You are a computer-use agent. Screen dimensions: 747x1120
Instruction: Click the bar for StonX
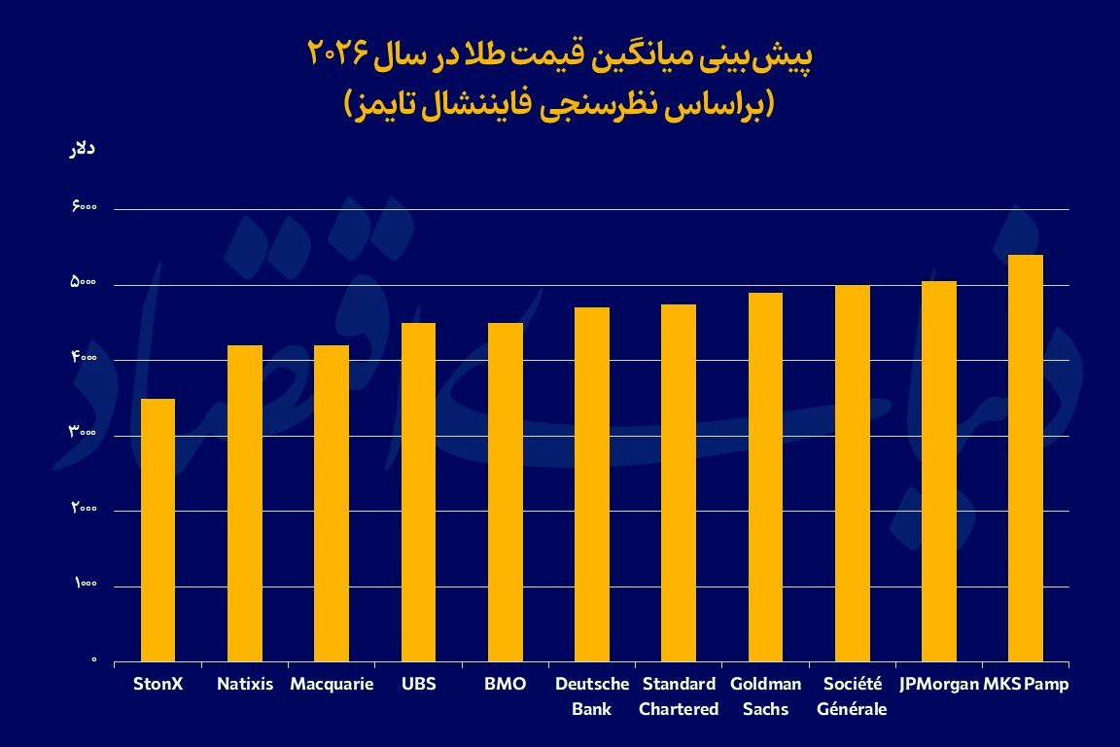tap(157, 530)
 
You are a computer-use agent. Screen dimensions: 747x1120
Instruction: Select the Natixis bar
tap(245, 503)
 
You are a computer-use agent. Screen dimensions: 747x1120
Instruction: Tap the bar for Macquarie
tap(332, 503)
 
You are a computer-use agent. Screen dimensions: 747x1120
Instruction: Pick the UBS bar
tap(418, 492)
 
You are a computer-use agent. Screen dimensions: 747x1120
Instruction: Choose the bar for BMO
tap(506, 492)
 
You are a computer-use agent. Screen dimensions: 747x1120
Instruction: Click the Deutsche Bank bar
tap(592, 484)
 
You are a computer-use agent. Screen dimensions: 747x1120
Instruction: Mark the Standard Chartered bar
tap(679, 482)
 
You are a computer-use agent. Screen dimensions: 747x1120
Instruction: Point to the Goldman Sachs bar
tap(765, 477)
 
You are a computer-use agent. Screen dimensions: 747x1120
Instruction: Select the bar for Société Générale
tap(853, 473)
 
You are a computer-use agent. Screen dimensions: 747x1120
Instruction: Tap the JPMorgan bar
tap(939, 471)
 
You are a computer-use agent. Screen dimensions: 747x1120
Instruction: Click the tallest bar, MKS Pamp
tap(1026, 458)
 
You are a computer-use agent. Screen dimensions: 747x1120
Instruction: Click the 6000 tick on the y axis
tap(83, 209)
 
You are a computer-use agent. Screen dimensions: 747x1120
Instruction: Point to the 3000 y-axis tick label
tap(83, 435)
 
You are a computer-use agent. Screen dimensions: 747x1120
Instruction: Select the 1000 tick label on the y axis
tap(83, 586)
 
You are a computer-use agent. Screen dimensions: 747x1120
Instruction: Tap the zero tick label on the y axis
tap(94, 660)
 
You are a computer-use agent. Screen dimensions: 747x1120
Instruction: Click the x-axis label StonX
tap(157, 684)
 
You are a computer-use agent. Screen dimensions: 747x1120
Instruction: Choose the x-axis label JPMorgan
tap(939, 684)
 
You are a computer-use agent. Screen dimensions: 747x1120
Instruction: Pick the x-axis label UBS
tap(418, 684)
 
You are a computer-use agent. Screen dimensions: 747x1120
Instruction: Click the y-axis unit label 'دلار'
tap(84, 150)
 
